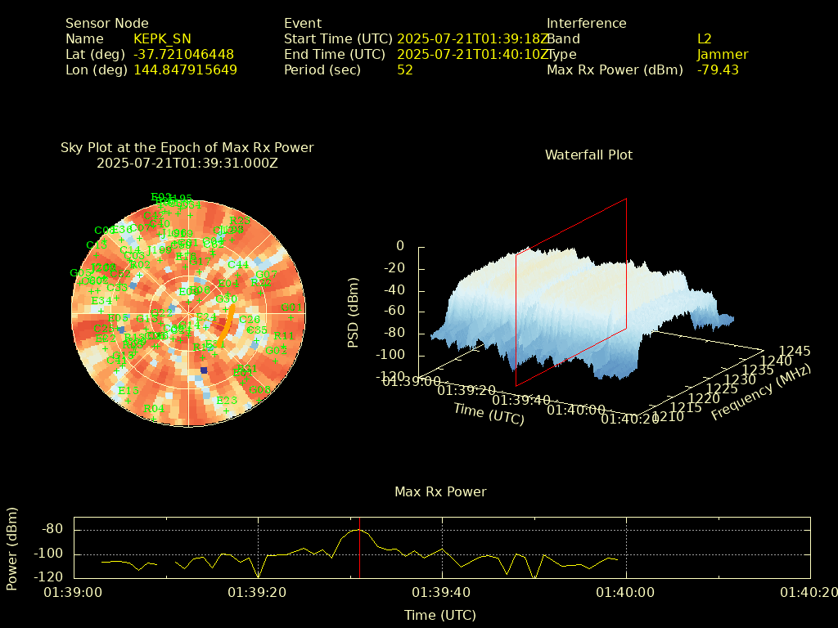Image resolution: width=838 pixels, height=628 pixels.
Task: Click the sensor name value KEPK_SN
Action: [x=162, y=38]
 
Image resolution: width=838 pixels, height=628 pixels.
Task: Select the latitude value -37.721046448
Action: [x=183, y=54]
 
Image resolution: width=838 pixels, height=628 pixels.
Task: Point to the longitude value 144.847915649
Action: [x=185, y=70]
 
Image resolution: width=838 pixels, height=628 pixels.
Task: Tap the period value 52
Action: [x=404, y=70]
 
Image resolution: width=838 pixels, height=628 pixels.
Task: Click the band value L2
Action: [x=704, y=38]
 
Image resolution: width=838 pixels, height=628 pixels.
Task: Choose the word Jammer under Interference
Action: [x=722, y=54]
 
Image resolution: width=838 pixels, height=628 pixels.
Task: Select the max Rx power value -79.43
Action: [x=718, y=70]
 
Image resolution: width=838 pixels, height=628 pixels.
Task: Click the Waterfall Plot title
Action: [x=588, y=155]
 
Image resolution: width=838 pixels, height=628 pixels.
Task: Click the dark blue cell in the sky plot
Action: [x=204, y=370]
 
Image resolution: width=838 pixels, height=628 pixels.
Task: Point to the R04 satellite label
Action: [x=154, y=408]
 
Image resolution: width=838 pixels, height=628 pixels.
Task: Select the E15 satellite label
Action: [x=128, y=390]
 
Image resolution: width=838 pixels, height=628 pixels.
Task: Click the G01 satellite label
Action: [x=291, y=307]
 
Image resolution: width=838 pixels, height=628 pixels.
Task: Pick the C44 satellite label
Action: [x=238, y=264]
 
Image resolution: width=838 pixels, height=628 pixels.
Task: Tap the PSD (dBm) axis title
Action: [x=354, y=311]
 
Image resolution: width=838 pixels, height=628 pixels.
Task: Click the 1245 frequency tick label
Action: [x=795, y=351]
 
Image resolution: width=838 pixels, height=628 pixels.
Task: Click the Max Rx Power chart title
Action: [x=440, y=491]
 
